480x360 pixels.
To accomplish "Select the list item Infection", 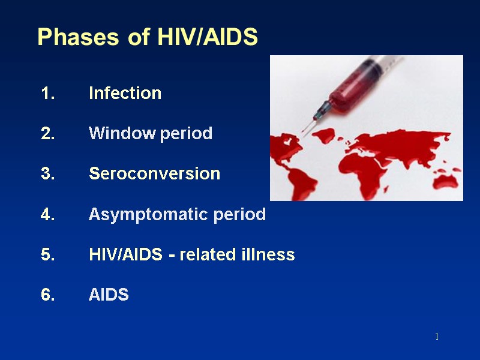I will click(125, 94).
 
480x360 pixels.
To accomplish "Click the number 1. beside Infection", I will click(48, 94).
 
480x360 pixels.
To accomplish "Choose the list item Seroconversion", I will click(154, 174).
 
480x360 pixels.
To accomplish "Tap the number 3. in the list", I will click(48, 174).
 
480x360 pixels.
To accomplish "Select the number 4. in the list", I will click(48, 215).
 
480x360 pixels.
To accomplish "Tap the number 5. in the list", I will click(48, 255).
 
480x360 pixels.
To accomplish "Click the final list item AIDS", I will click(109, 295).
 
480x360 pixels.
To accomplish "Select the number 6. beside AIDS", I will click(48, 295).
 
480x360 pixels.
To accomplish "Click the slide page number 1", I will click(437, 337).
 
